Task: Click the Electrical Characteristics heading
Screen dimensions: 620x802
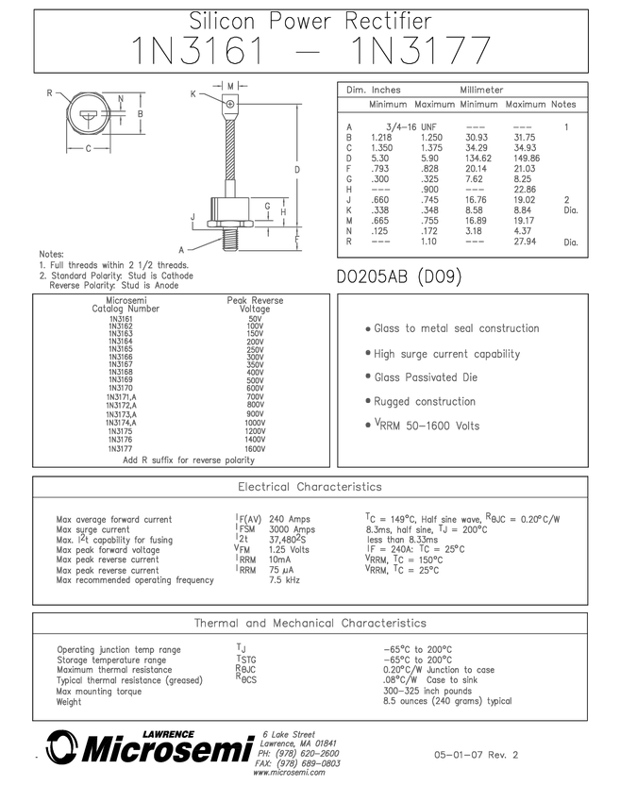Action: point(310,487)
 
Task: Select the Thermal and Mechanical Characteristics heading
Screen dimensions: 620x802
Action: point(310,623)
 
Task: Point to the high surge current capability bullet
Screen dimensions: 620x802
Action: point(443,355)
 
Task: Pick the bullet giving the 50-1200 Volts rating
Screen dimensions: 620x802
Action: point(424,426)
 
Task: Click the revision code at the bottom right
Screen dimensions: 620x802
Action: point(477,754)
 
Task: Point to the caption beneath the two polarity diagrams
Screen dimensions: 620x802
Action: point(189,459)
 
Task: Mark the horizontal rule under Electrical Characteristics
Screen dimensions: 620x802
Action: point(310,497)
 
